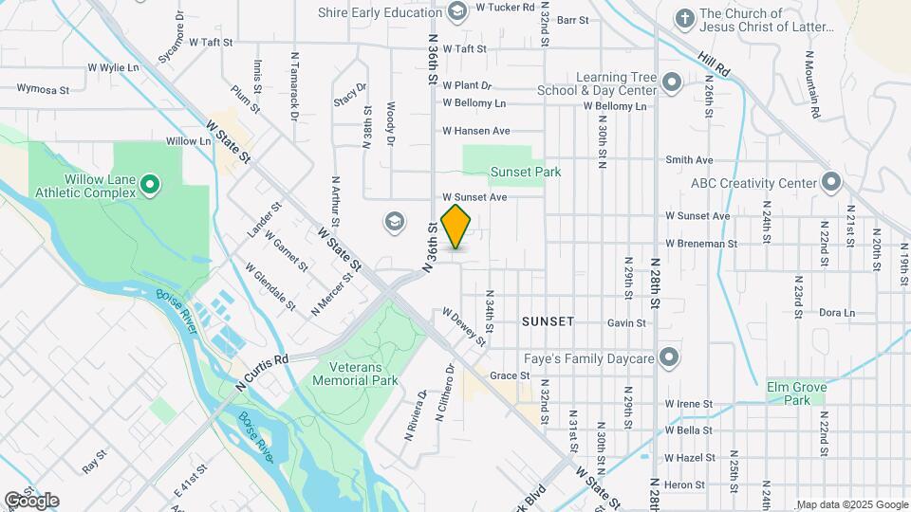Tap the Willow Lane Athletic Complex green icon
coord(150,183)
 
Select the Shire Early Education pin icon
coord(457,10)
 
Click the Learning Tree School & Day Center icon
coord(672,82)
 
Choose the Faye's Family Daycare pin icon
coord(670,358)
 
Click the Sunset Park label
coord(526,172)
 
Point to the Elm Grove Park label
coord(797,393)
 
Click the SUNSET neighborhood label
coord(548,321)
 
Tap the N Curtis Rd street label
coord(261,371)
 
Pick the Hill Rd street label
coord(716,64)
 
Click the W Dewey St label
coord(464,325)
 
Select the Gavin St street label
coord(626,322)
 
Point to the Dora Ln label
coord(836,312)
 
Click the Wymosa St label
coord(44,90)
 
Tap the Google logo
coord(31,500)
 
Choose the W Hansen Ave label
coord(476,131)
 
